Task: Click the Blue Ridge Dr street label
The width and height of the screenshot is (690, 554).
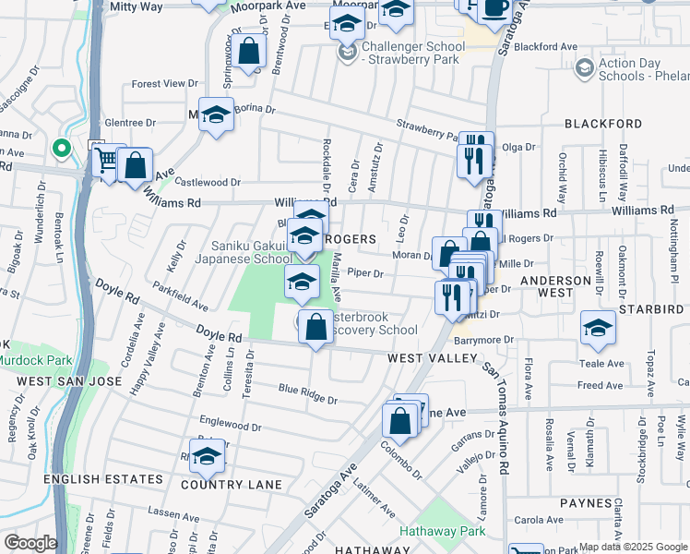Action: [308, 395]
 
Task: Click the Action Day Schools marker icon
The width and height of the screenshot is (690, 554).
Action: [584, 68]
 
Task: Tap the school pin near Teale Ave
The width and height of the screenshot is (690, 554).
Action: [598, 329]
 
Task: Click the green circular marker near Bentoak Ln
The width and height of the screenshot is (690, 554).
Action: [61, 147]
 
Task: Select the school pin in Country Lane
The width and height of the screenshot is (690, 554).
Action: [208, 455]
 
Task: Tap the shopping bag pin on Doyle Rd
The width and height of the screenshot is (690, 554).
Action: [315, 327]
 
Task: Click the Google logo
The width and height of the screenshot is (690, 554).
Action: [30, 543]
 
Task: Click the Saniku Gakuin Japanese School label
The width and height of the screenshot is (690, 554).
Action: [252, 252]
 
